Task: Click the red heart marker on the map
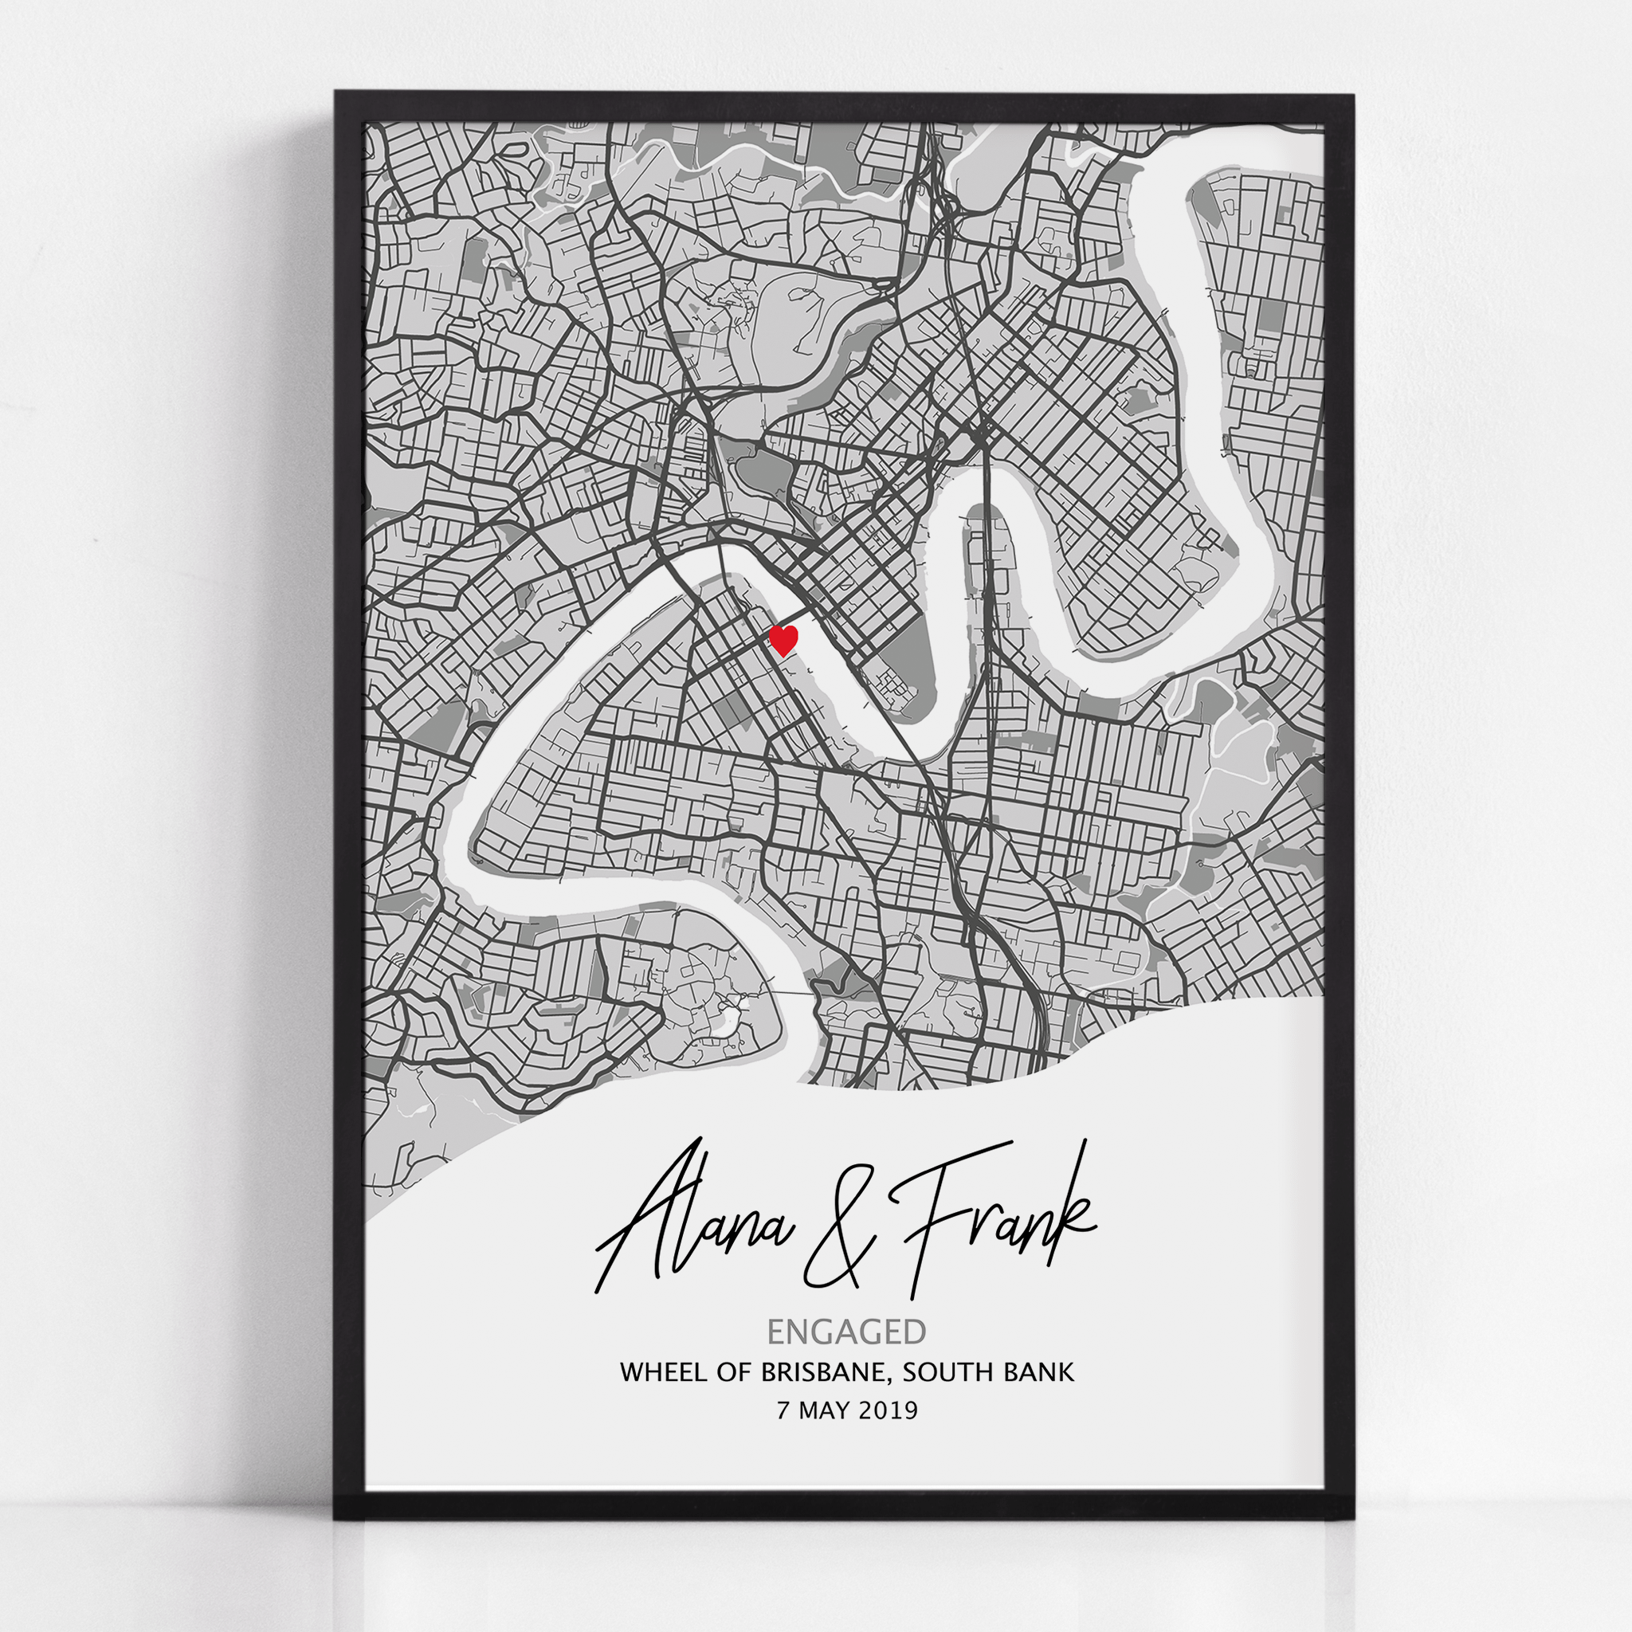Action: click(x=784, y=639)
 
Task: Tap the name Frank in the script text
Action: click(x=997, y=1216)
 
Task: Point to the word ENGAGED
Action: click(x=846, y=1332)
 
